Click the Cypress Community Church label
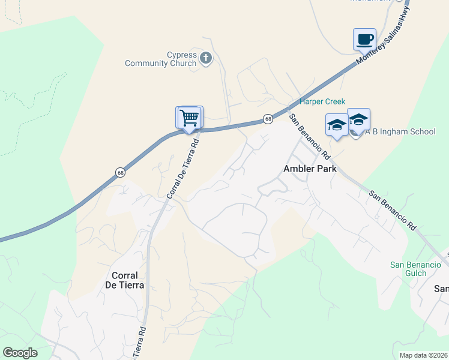160,59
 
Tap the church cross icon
205,58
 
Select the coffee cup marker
364,40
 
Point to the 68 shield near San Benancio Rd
268,119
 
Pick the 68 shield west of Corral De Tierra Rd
121,173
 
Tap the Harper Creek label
323,102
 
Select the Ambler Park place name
310,169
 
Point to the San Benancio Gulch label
408,269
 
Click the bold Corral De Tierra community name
128,280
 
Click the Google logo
20,353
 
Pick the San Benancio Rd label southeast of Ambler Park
393,211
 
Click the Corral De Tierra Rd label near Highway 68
182,169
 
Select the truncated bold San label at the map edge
441,289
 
